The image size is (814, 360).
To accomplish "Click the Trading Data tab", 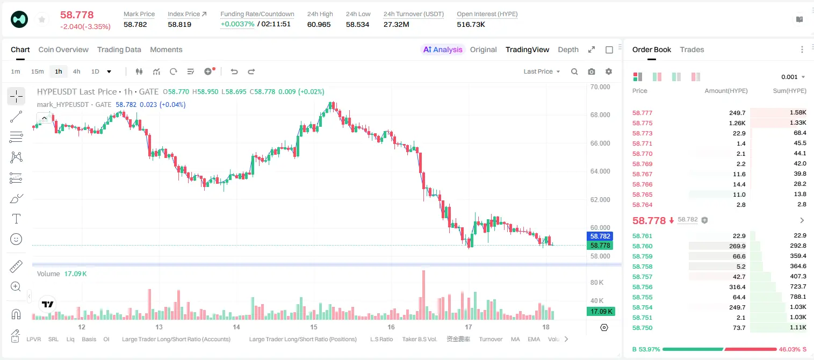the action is (x=119, y=49).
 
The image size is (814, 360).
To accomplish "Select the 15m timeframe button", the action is (x=38, y=71).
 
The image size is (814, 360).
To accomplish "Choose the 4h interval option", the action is (x=76, y=71).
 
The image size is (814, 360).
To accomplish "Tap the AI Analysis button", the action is (x=443, y=49).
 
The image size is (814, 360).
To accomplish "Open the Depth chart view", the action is (x=568, y=49).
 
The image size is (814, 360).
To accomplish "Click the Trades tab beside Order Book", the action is (x=692, y=49).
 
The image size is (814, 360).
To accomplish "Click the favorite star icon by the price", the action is (x=42, y=19).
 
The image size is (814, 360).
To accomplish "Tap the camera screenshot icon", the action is (x=592, y=71).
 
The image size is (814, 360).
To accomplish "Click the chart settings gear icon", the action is (x=609, y=71).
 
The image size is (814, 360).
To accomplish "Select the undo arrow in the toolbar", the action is (x=234, y=71).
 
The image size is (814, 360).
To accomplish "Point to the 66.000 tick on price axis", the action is (x=600, y=143).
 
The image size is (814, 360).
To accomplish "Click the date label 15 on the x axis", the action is (x=314, y=327).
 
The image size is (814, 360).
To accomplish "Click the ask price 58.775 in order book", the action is (x=642, y=123).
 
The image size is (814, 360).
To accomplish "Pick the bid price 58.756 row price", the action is (x=642, y=287).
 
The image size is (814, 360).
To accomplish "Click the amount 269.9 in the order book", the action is (x=737, y=246).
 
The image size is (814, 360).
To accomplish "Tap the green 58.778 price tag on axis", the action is (x=600, y=246).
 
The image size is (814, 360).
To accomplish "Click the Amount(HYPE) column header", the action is (x=726, y=91).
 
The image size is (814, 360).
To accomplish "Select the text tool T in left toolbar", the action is (x=16, y=219).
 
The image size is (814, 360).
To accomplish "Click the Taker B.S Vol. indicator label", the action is (x=419, y=339).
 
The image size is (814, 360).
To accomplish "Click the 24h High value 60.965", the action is (x=319, y=24).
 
